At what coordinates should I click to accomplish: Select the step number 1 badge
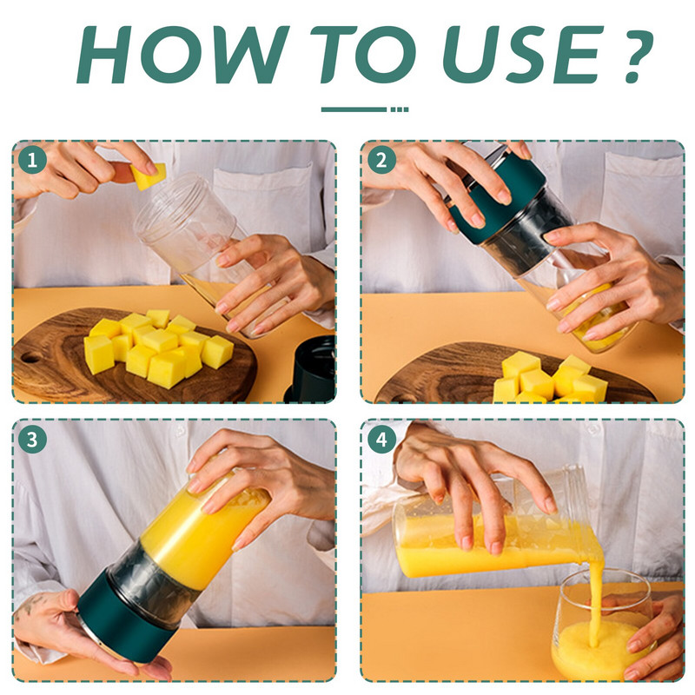pyautogui.click(x=34, y=160)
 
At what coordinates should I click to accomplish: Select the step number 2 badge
pyautogui.click(x=381, y=160)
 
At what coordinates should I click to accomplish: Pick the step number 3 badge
pyautogui.click(x=34, y=439)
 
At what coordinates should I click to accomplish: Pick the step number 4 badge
pyautogui.click(x=381, y=439)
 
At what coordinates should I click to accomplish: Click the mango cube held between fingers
pyautogui.click(x=149, y=176)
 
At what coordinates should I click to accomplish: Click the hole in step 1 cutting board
pyautogui.click(x=30, y=357)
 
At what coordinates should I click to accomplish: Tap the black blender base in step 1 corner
pyautogui.click(x=313, y=369)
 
